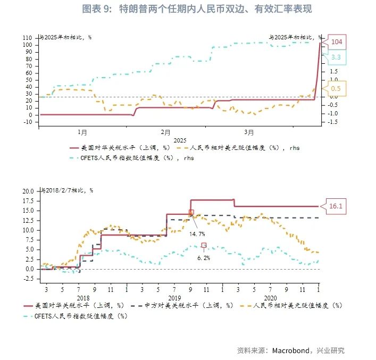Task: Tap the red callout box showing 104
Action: [x=337, y=42]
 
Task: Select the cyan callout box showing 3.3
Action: [x=336, y=57]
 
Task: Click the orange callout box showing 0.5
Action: [x=336, y=88]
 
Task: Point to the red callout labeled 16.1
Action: [x=335, y=206]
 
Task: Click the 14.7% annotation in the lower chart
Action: [x=197, y=234]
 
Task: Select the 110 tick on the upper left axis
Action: [x=28, y=38]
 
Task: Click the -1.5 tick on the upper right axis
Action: [x=333, y=122]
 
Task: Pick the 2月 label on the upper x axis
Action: [x=165, y=131]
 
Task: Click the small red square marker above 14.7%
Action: [x=191, y=212]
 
